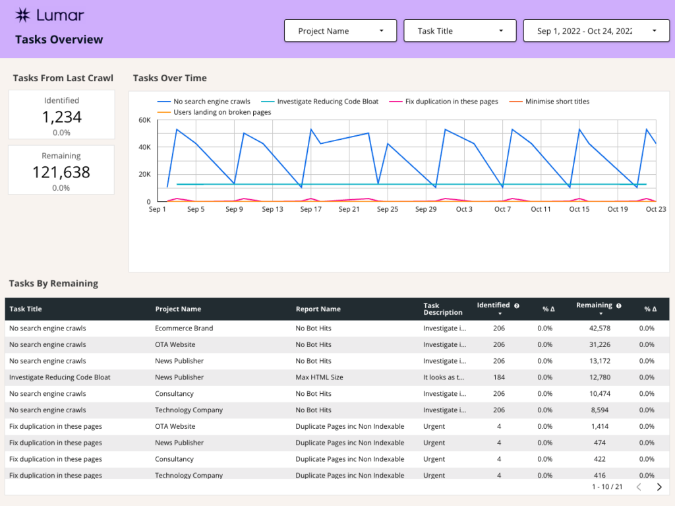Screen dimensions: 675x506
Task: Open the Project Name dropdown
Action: (x=340, y=31)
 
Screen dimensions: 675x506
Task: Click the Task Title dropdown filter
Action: (x=459, y=31)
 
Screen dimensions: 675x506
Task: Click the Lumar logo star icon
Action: (x=23, y=15)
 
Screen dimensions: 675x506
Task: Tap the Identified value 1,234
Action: (x=61, y=117)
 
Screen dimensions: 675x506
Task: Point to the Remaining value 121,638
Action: (x=61, y=173)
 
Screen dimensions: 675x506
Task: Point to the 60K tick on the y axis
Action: (x=144, y=120)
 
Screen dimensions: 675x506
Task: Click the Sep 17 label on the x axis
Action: (x=310, y=209)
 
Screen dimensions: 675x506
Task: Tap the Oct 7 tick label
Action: (x=502, y=209)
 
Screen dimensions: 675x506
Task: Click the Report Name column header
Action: (x=318, y=309)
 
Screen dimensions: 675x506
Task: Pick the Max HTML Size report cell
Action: (x=318, y=377)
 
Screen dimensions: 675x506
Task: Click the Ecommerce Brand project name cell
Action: (x=184, y=328)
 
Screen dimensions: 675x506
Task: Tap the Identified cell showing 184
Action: (x=498, y=377)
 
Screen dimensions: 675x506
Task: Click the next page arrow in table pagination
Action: (x=659, y=487)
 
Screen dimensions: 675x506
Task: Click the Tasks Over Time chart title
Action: (x=169, y=78)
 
